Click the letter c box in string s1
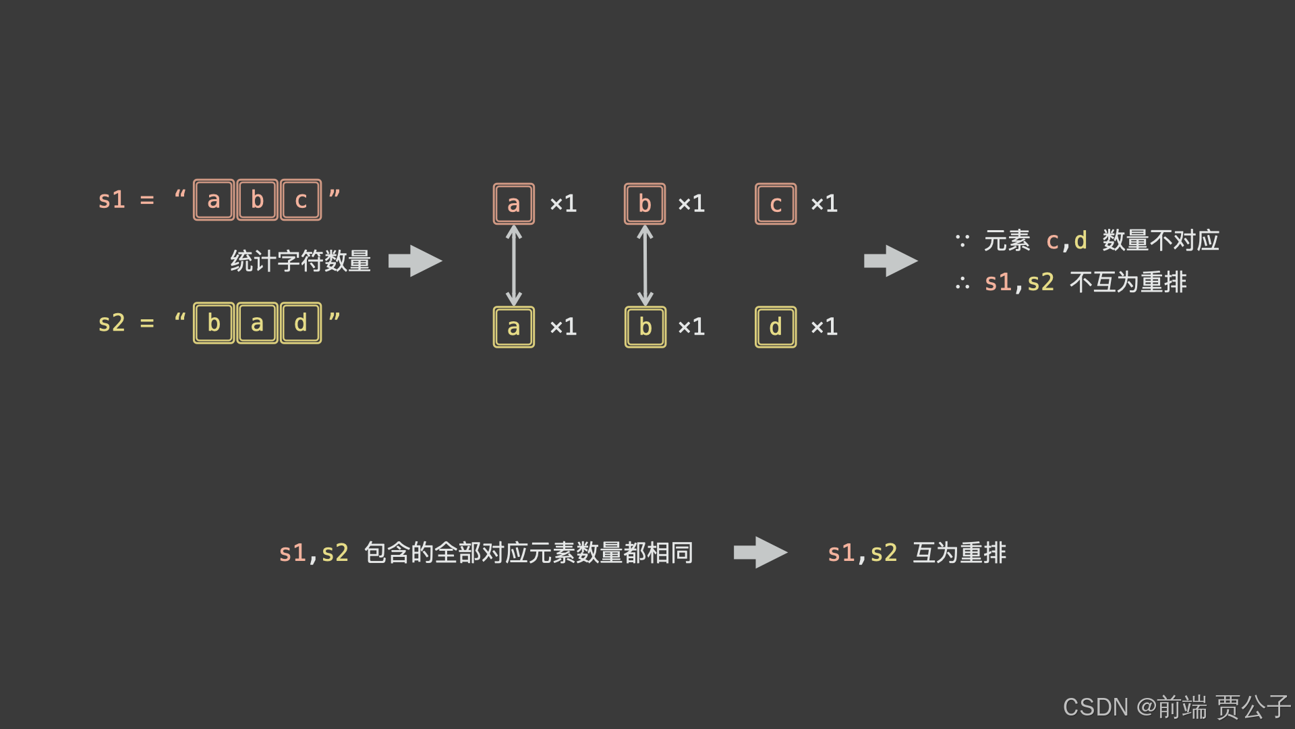click(x=301, y=200)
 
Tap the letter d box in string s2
click(x=301, y=323)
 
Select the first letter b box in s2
click(x=214, y=323)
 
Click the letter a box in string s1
click(x=214, y=200)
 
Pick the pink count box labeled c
click(x=776, y=204)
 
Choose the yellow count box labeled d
click(x=776, y=327)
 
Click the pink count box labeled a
click(x=514, y=204)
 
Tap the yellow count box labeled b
click(x=645, y=327)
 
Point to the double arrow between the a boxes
click(x=514, y=265)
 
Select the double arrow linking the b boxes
click(x=645, y=265)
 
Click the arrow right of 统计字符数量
click(x=415, y=261)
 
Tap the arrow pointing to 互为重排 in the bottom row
click(x=761, y=552)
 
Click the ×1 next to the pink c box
click(x=824, y=204)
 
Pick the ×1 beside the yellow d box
click(x=824, y=327)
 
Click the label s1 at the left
click(x=112, y=200)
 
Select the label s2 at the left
click(x=112, y=323)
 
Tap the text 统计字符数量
click(x=301, y=261)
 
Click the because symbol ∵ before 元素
click(x=962, y=240)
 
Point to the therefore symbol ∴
click(x=962, y=283)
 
